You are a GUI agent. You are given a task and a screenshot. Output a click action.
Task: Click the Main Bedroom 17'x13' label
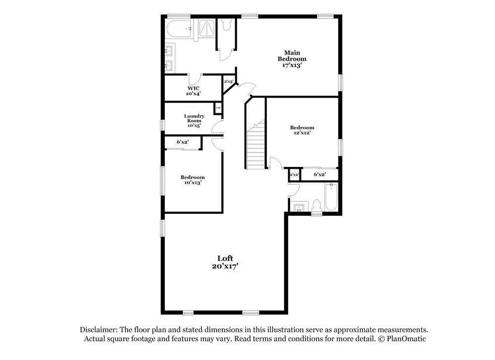[291, 58]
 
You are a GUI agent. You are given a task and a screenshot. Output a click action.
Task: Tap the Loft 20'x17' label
[225, 262]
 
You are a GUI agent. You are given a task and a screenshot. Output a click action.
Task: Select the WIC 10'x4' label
[194, 91]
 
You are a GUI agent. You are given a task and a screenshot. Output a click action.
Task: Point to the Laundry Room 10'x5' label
[194, 121]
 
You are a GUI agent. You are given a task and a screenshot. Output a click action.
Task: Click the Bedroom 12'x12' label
[302, 130]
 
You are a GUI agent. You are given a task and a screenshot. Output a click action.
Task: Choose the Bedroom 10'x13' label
[193, 180]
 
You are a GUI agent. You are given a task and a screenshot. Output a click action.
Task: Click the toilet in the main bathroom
[227, 25]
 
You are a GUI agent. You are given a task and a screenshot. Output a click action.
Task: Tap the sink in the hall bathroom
[299, 207]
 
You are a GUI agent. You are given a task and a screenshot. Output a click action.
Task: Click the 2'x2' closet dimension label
[294, 174]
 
